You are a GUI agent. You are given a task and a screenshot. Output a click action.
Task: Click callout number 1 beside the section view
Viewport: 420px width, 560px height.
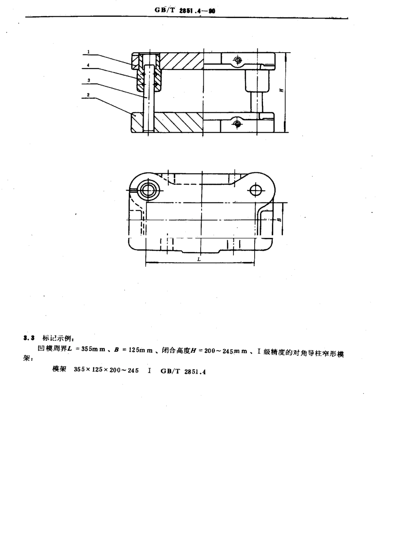click(88, 52)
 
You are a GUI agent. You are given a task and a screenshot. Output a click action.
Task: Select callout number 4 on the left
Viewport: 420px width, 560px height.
click(88, 65)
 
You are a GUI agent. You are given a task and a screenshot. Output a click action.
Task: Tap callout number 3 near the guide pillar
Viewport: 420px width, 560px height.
click(89, 80)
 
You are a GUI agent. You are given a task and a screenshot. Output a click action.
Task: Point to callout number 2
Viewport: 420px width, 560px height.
click(88, 95)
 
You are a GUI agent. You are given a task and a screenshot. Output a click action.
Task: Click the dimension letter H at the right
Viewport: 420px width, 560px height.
click(281, 90)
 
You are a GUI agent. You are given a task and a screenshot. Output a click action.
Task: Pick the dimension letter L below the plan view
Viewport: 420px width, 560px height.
click(199, 259)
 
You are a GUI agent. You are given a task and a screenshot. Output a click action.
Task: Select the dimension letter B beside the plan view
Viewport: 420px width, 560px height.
click(279, 219)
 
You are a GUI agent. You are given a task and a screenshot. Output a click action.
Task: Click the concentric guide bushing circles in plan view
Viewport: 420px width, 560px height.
click(146, 190)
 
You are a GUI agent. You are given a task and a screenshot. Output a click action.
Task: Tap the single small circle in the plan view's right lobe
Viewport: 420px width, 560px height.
click(256, 190)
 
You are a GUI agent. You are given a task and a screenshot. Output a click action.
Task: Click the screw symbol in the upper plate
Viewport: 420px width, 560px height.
click(238, 60)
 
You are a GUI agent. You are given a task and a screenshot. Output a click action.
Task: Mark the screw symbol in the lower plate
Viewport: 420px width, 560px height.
click(237, 124)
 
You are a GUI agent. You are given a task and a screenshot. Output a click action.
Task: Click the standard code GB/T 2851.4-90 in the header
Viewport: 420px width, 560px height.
click(185, 11)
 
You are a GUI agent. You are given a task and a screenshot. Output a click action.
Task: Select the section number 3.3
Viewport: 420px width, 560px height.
click(29, 338)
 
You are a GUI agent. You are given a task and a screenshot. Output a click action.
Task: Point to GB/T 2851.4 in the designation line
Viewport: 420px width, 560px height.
click(183, 372)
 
